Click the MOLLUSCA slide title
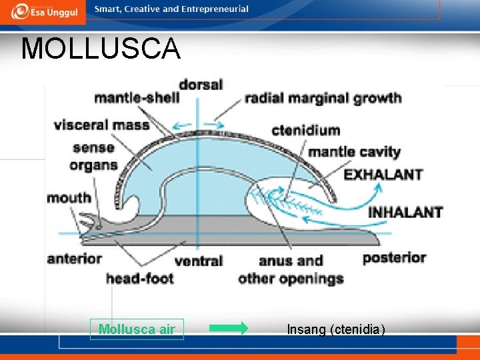[101, 49]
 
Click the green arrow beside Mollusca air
[228, 328]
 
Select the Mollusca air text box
[137, 329]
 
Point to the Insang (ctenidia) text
[335, 329]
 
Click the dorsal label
[201, 85]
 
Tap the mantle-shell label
[137, 99]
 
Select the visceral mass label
[101, 125]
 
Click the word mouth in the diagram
[69, 197]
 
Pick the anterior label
[74, 258]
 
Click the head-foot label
[139, 278]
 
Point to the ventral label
[199, 261]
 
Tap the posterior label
[394, 257]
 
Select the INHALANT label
[405, 212]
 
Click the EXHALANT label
[383, 175]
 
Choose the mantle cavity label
[354, 151]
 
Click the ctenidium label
[306, 130]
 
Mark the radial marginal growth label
[323, 99]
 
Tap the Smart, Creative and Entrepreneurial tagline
[171, 9]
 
